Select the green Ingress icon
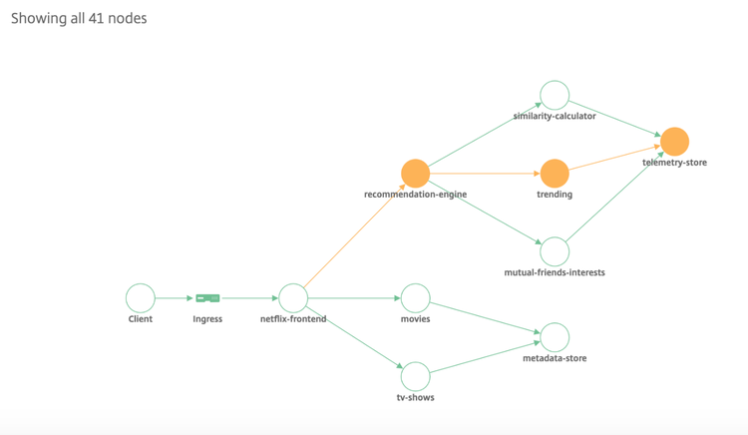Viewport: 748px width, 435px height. coord(207,298)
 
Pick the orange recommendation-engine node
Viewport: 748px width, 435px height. coord(416,174)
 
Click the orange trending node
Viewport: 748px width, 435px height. coord(555,174)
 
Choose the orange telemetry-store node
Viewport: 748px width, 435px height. coord(674,142)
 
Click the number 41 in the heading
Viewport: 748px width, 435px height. coord(96,18)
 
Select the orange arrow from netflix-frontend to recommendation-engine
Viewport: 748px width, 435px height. coord(347,235)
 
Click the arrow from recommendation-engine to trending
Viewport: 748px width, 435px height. coord(485,174)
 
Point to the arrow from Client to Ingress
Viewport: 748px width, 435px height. coord(175,298)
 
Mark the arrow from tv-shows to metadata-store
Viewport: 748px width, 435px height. coord(485,357)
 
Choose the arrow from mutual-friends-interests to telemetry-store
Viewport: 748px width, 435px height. coord(615,196)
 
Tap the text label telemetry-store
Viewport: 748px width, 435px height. coord(674,163)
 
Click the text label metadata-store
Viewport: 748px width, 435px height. coord(555,358)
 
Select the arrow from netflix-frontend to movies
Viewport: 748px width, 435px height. coord(354,298)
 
